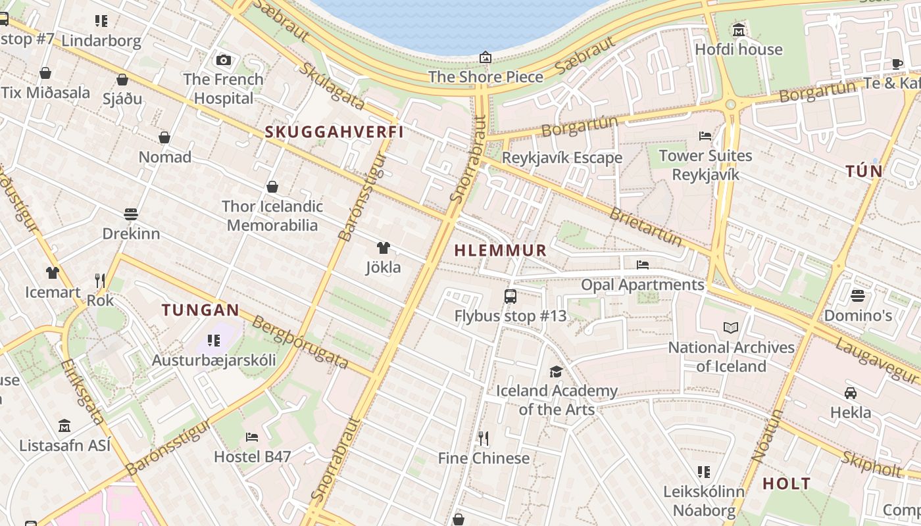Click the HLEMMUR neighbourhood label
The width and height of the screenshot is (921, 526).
click(501, 250)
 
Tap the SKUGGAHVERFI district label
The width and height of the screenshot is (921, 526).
click(334, 131)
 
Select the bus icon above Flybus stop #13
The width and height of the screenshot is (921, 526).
click(510, 296)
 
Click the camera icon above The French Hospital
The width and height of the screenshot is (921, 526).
click(224, 60)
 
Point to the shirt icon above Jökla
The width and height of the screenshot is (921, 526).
click(383, 248)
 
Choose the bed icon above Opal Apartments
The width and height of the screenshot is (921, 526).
click(643, 265)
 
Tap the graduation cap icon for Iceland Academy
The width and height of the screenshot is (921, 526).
click(556, 371)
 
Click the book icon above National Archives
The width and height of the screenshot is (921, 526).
click(730, 327)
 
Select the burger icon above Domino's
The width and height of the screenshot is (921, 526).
click(857, 296)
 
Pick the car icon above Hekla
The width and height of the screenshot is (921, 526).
click(850, 393)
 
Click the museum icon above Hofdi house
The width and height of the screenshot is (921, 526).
click(739, 30)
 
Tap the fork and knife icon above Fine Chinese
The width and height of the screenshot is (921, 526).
click(484, 438)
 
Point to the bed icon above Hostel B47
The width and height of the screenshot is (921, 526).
click(251, 437)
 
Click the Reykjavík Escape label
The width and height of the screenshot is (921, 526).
click(562, 158)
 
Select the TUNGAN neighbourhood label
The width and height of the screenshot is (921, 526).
click(201, 310)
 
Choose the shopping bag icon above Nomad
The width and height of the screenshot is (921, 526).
click(164, 137)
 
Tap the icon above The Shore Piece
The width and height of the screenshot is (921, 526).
click(485, 57)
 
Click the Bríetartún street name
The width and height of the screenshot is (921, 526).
click(645, 227)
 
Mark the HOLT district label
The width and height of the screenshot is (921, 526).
click(786, 484)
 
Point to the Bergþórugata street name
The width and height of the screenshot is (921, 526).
click(300, 342)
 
